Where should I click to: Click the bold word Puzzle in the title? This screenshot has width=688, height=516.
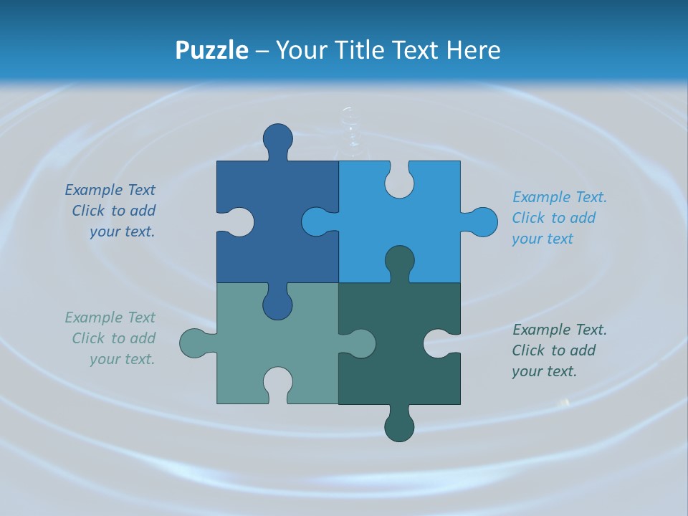tap(211, 50)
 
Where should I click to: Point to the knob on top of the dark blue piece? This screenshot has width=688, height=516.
tap(278, 138)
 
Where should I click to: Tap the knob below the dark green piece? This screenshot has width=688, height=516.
tap(400, 427)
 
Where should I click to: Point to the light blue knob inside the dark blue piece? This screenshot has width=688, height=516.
tap(315, 221)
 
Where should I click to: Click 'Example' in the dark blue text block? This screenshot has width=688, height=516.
tap(94, 190)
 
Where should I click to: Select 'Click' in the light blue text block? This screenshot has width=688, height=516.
tap(528, 218)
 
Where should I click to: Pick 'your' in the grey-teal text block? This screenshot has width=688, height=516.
tap(105, 359)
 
